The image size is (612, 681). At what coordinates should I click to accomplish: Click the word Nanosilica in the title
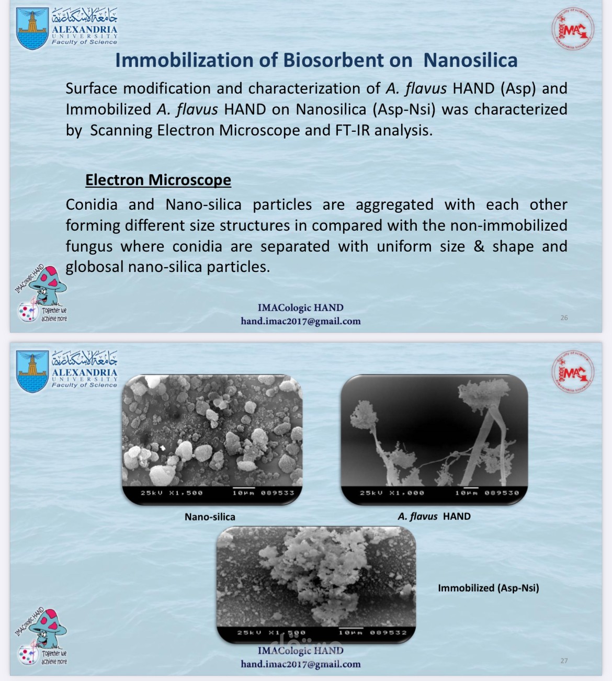coord(470,60)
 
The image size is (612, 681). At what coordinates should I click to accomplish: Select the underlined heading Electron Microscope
coord(158,180)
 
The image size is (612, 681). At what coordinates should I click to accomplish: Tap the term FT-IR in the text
coord(353,130)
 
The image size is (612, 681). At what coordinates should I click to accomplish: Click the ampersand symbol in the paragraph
coord(479,246)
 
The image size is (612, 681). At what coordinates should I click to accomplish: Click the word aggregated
coord(394,205)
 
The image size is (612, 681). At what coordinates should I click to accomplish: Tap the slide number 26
coord(564,317)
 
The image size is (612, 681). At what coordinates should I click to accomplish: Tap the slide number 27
coord(564,661)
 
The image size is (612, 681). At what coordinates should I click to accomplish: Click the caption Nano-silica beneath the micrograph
coord(210,517)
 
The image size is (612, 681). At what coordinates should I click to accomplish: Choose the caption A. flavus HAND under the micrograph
coord(434,516)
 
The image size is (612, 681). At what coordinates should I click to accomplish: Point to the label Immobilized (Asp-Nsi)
coord(488,588)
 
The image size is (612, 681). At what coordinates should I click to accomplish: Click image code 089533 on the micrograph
coord(278,493)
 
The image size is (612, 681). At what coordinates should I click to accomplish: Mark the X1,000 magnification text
coord(406,493)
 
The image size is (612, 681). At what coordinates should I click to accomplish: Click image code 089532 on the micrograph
coord(388,632)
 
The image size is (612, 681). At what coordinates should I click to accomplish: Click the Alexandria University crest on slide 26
coord(32,29)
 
